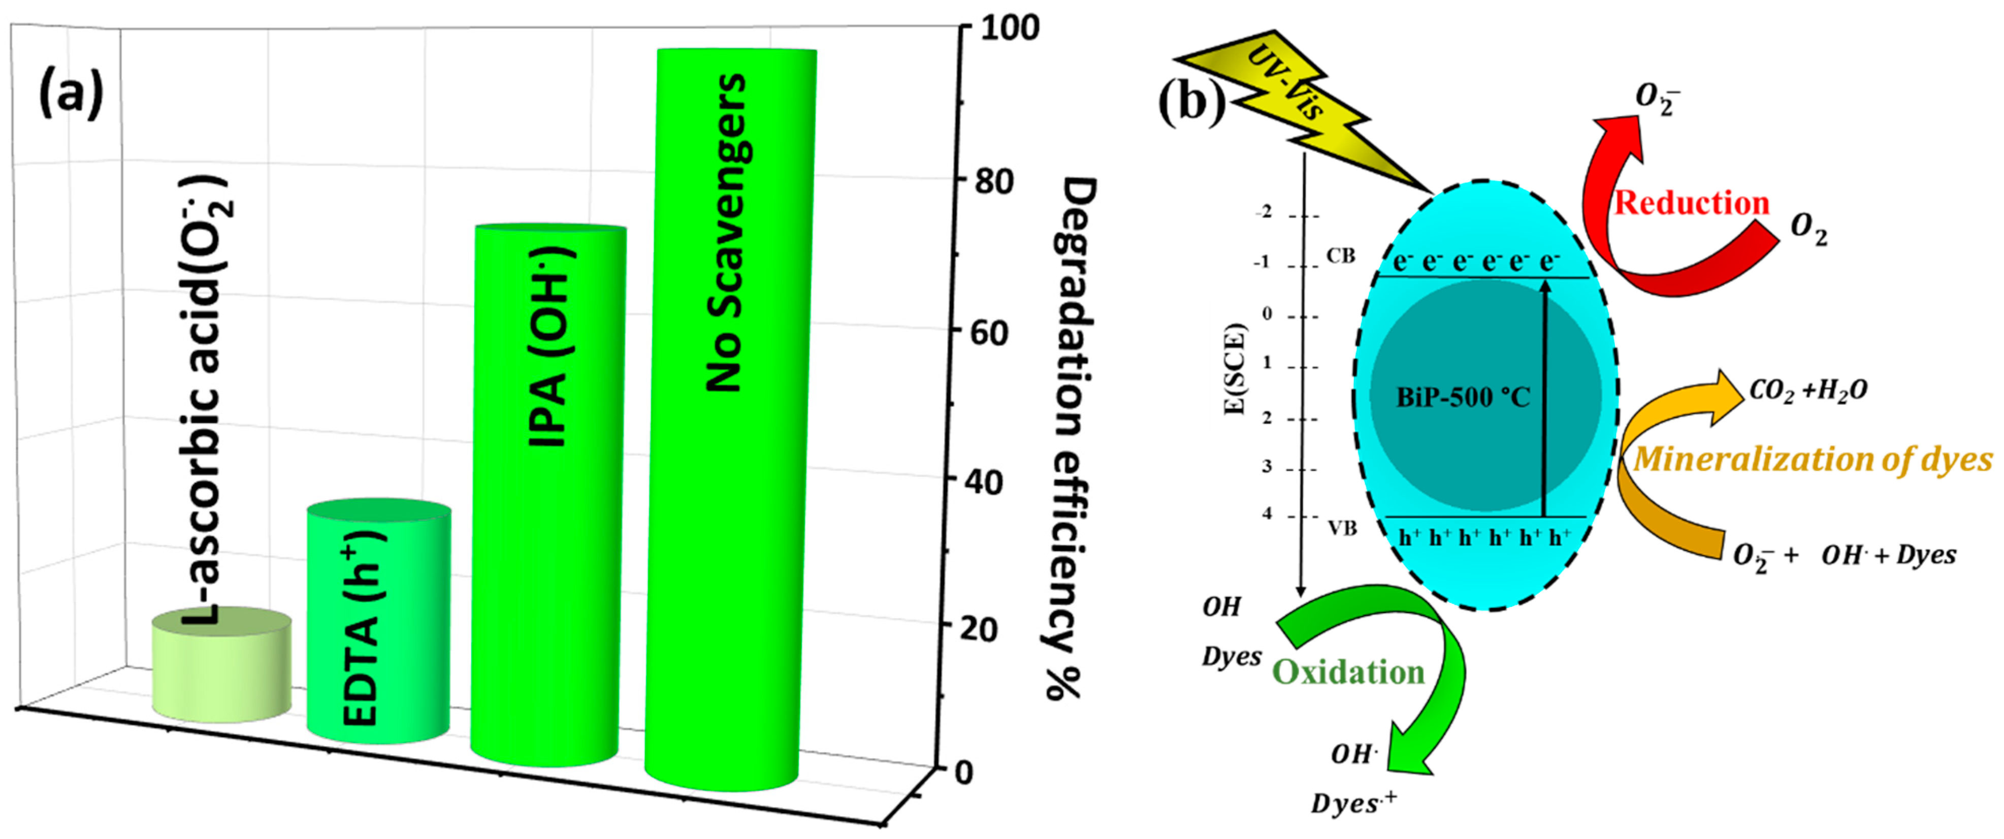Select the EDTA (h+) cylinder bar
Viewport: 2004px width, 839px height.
click(x=379, y=623)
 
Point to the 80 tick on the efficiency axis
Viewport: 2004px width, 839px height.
click(x=994, y=181)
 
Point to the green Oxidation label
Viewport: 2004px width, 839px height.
click(x=1348, y=672)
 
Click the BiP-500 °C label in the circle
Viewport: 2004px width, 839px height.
click(x=1463, y=398)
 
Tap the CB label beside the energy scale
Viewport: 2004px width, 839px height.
click(x=1340, y=256)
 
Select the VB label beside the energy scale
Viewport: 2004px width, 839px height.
click(x=1342, y=529)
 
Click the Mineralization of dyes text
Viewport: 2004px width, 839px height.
click(x=1813, y=459)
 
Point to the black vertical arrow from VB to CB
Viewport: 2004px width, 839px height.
click(x=1545, y=397)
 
